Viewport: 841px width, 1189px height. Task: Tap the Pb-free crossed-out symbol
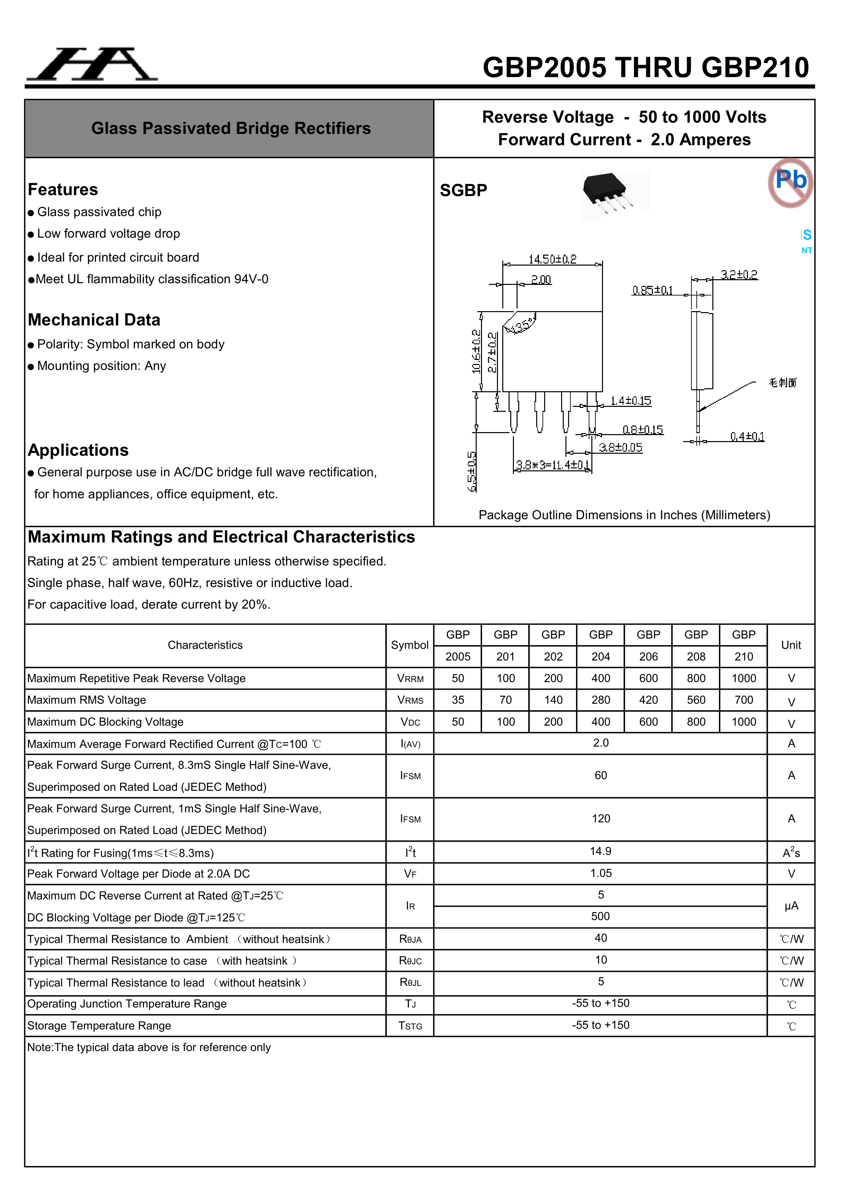pyautogui.click(x=790, y=183)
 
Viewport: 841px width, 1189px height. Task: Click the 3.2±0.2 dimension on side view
pyautogui.click(x=739, y=275)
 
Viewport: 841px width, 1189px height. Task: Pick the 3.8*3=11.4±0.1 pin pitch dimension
pyautogui.click(x=552, y=465)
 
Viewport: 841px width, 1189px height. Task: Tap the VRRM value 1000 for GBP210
pyautogui.click(x=744, y=678)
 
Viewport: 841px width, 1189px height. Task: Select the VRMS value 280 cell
pyautogui.click(x=601, y=700)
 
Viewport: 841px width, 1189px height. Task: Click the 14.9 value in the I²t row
pyautogui.click(x=601, y=851)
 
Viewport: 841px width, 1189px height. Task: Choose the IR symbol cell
pyautogui.click(x=410, y=906)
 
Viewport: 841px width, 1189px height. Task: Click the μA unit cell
pyautogui.click(x=791, y=906)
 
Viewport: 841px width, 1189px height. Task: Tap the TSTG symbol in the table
pyautogui.click(x=410, y=1026)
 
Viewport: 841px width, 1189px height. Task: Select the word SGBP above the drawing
pyautogui.click(x=463, y=190)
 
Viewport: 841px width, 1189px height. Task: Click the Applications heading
pyautogui.click(x=78, y=450)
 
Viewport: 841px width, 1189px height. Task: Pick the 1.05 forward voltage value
pyautogui.click(x=601, y=873)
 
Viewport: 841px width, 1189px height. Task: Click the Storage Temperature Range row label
pyautogui.click(x=99, y=1026)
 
